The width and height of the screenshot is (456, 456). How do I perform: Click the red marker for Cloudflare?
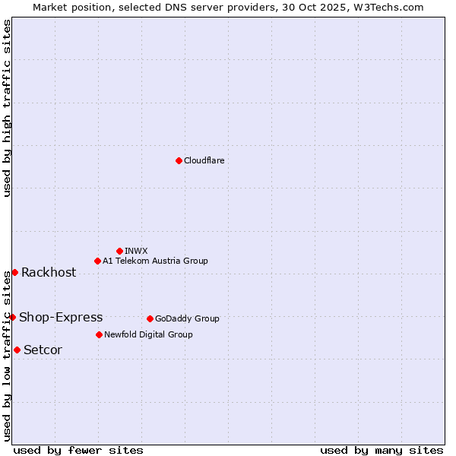pyautogui.click(x=179, y=160)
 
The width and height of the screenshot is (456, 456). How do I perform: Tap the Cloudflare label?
pyautogui.click(x=204, y=160)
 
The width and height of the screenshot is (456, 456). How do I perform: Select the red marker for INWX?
pyautogui.click(x=119, y=251)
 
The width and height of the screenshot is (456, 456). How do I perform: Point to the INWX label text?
pyautogui.click(x=136, y=251)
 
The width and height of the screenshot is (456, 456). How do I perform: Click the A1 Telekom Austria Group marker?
pyautogui.click(x=97, y=261)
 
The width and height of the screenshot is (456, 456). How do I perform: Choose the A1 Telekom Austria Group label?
pyautogui.click(x=155, y=261)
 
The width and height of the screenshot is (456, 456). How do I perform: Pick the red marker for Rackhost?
pyautogui.click(x=14, y=272)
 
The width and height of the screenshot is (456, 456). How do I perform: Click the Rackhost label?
pyautogui.click(x=49, y=273)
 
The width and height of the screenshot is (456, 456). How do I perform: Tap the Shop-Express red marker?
pyautogui.click(x=13, y=317)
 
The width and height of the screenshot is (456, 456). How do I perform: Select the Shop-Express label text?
pyautogui.click(x=61, y=318)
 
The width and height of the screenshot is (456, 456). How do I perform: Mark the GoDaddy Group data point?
pyautogui.click(x=150, y=318)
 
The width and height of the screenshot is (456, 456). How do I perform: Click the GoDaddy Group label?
pyautogui.click(x=187, y=318)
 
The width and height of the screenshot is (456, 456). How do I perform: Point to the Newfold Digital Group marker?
pyautogui.click(x=99, y=334)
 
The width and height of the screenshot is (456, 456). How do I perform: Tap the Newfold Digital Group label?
pyautogui.click(x=148, y=334)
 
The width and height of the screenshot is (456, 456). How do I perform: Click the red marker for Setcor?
pyautogui.click(x=17, y=350)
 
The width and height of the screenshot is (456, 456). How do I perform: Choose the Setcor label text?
pyautogui.click(x=43, y=350)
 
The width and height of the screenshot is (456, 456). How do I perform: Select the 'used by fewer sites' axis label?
pyautogui.click(x=78, y=450)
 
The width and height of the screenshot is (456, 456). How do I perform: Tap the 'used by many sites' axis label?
pyautogui.click(x=382, y=450)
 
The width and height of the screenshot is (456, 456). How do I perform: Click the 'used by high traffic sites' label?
pyautogui.click(x=7, y=108)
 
